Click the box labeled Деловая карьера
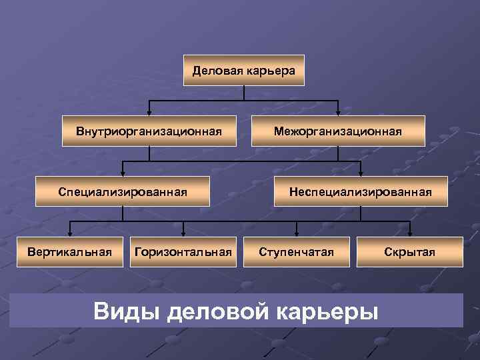click(x=243, y=70)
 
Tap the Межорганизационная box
click(x=338, y=131)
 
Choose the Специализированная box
click(x=122, y=192)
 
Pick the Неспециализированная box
click(x=360, y=192)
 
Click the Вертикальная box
click(x=69, y=251)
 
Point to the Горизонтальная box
click(x=183, y=251)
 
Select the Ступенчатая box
click(x=296, y=251)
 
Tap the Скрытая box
click(x=409, y=251)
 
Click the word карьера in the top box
click(x=269, y=70)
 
